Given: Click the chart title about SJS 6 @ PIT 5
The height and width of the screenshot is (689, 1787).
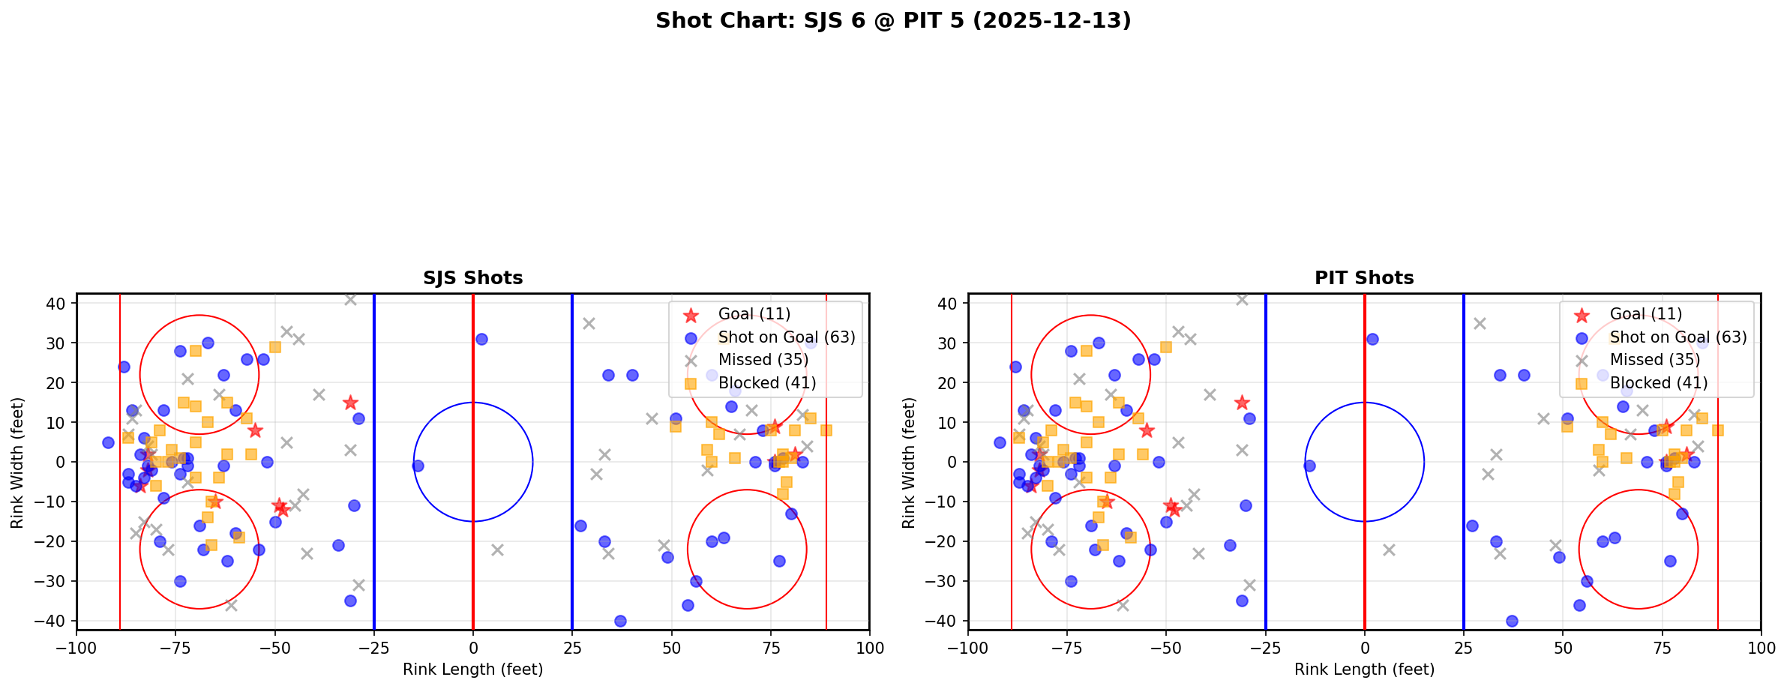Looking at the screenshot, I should coord(892,20).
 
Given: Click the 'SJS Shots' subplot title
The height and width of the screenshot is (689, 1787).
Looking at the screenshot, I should coord(472,278).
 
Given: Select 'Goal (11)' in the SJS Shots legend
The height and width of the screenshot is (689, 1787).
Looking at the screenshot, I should coord(754,314).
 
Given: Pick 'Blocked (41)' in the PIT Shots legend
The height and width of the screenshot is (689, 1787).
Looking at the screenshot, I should coord(1658,383).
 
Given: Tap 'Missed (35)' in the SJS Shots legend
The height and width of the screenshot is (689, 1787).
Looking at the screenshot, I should coord(763,360).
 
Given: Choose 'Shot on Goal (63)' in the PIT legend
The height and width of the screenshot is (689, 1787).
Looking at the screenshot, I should coord(1678,337).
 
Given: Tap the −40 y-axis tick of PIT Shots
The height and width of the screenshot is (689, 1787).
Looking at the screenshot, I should coord(945,621).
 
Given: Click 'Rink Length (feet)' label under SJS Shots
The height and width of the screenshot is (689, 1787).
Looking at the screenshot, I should coord(472,670).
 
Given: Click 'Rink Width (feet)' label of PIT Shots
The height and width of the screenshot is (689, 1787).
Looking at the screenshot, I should coord(909,463).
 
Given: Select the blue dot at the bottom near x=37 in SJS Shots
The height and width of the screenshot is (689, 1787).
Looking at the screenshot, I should coord(620,621).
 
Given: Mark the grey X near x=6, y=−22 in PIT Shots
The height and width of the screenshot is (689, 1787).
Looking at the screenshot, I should coord(1389,550).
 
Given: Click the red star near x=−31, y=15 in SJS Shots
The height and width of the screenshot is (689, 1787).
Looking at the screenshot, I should coord(350,403).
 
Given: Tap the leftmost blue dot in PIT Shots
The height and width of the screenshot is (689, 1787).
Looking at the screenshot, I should coord(1000,442).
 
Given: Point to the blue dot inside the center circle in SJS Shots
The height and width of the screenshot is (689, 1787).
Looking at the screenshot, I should coord(418,466).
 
